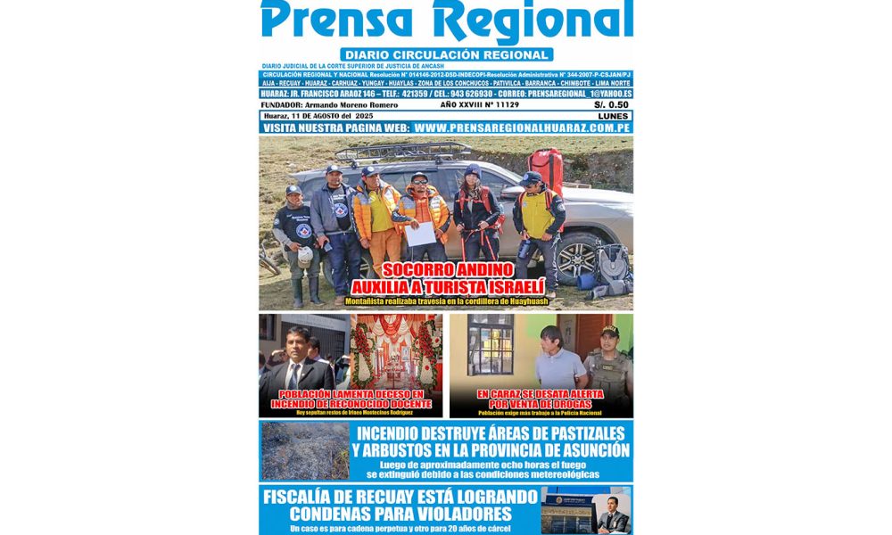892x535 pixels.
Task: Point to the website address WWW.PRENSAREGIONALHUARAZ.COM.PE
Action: (523, 128)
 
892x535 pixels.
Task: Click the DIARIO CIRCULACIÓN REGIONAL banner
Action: (446, 54)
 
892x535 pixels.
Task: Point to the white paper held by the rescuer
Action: (421, 234)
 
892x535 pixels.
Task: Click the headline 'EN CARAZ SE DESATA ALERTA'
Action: (541, 393)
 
